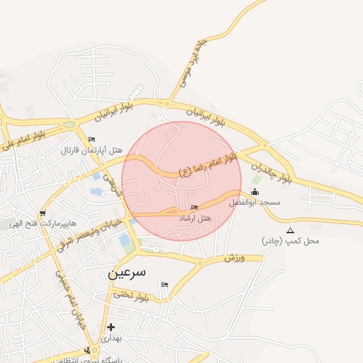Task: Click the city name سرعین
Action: point(127,272)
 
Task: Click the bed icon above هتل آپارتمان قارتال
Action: point(91,139)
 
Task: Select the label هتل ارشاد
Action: point(195,218)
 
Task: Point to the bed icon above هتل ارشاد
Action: point(195,207)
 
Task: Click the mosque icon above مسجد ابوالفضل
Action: point(255,192)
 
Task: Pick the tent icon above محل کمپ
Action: point(290,231)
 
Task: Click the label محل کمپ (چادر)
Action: point(291,241)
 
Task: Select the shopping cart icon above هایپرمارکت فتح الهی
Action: point(43,213)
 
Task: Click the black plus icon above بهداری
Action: point(111,327)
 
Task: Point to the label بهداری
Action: point(111,338)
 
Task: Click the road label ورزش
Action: point(234,258)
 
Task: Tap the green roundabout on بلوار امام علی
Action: point(69,125)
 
